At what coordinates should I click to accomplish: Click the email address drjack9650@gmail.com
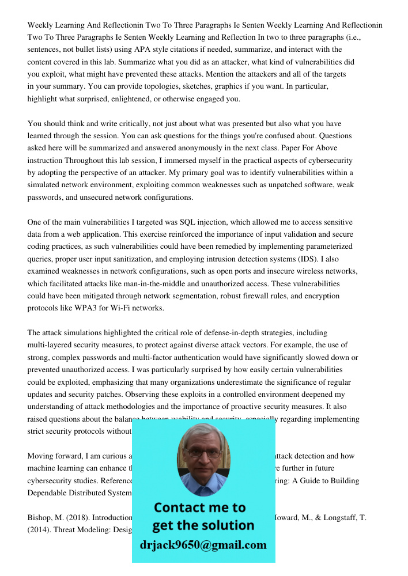pyautogui.click(x=203, y=545)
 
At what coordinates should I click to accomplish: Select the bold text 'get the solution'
pyautogui.click(x=203, y=525)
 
